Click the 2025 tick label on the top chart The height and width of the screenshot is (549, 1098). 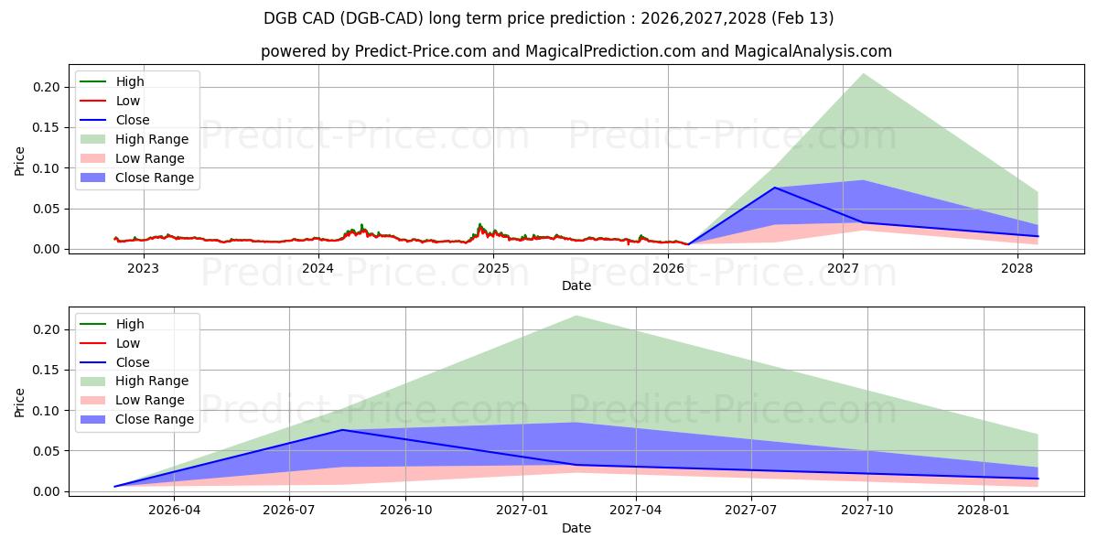(493, 268)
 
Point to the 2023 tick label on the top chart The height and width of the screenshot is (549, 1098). (143, 268)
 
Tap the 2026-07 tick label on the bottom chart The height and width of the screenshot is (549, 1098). (289, 511)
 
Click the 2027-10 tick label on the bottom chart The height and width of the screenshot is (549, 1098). (867, 511)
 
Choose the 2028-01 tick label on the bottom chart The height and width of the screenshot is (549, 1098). (984, 511)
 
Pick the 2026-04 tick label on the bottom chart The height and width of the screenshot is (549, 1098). (174, 511)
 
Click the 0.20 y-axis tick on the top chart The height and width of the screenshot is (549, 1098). (48, 88)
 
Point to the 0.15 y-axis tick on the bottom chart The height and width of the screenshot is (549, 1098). (48, 371)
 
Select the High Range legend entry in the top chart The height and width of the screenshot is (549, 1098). (151, 139)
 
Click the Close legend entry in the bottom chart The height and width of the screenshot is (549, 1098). (133, 362)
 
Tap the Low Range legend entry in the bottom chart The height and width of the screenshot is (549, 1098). (149, 400)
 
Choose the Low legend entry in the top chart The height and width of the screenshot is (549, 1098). (128, 101)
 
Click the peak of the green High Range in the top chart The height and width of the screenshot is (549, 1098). (862, 74)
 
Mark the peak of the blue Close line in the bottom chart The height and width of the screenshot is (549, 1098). (342, 430)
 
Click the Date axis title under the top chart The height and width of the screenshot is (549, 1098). (576, 285)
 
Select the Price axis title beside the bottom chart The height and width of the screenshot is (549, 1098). (20, 403)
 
